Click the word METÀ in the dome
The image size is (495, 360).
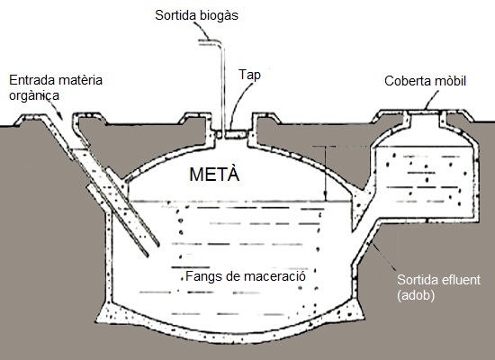point(214,174)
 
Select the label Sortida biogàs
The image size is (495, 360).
point(196,15)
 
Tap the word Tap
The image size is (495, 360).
point(249,76)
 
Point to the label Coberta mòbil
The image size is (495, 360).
point(425,81)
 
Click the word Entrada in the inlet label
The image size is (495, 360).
point(32,80)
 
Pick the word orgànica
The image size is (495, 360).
point(34,95)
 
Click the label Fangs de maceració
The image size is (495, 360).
point(246,276)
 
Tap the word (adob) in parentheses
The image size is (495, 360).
point(416,295)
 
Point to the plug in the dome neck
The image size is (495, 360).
point(236,135)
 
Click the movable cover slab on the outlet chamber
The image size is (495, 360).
point(425,112)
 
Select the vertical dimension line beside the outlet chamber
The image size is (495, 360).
point(325,174)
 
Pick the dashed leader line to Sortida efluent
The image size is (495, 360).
point(384,256)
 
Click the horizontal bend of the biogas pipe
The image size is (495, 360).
point(211,42)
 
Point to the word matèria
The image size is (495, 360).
point(80,80)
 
